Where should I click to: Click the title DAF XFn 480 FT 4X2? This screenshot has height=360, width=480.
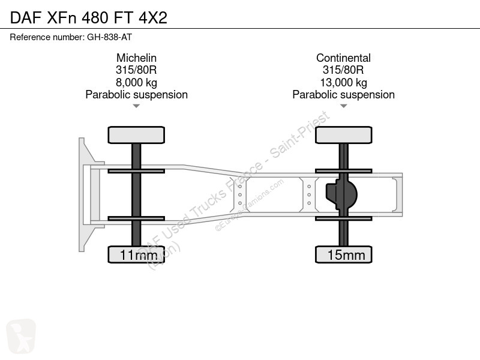pyautogui.click(x=89, y=18)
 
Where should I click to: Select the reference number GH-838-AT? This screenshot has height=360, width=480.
pyautogui.click(x=110, y=37)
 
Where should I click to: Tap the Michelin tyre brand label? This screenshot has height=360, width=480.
pyautogui.click(x=136, y=58)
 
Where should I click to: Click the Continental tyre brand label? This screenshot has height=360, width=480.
pyautogui.click(x=343, y=58)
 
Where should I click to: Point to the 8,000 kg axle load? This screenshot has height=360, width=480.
pyautogui.click(x=136, y=82)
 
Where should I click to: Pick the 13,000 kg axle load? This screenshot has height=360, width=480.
pyautogui.click(x=343, y=82)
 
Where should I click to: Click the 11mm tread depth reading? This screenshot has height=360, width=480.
pyautogui.click(x=139, y=255)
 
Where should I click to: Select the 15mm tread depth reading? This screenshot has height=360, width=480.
pyautogui.click(x=346, y=255)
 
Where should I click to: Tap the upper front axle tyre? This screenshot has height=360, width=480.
pyautogui.click(x=136, y=135)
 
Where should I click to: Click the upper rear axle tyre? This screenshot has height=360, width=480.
pyautogui.click(x=344, y=135)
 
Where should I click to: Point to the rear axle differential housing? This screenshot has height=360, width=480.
pyautogui.click(x=341, y=194)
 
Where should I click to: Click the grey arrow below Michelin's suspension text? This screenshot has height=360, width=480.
pyautogui.click(x=136, y=106)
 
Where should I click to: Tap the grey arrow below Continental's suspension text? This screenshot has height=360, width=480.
pyautogui.click(x=343, y=106)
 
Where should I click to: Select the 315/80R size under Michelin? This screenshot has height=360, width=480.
pyautogui.click(x=136, y=70)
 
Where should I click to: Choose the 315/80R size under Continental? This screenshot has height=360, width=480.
pyautogui.click(x=343, y=70)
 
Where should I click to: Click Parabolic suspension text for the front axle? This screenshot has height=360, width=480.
pyautogui.click(x=137, y=95)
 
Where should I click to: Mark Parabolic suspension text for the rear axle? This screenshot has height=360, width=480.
pyautogui.click(x=343, y=95)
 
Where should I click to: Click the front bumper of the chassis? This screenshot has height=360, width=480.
pyautogui.click(x=82, y=194)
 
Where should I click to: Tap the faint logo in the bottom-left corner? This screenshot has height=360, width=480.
pyautogui.click(x=21, y=336)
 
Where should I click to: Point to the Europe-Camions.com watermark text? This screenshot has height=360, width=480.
pyautogui.click(x=249, y=205)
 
